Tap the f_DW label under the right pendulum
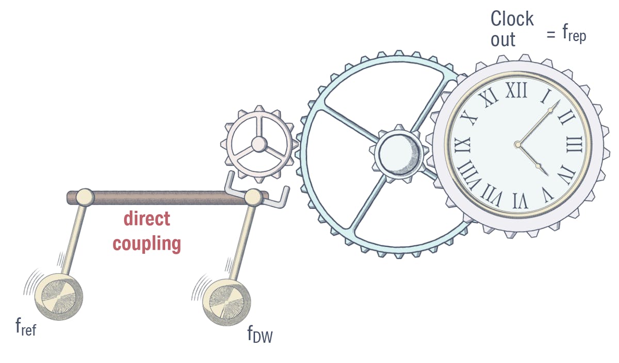point(259,335)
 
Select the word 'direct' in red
point(146,219)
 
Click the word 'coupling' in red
point(146,243)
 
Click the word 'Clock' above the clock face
point(512,19)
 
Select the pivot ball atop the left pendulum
point(85,196)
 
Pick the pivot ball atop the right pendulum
point(253,196)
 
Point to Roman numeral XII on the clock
point(516,91)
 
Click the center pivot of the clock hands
point(518,144)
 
